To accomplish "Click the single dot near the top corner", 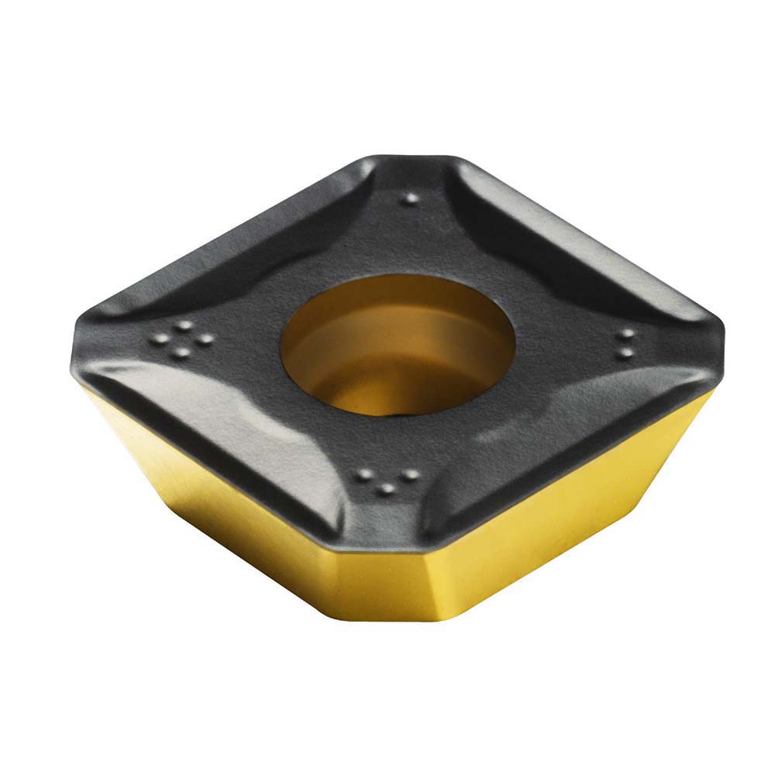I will [x=411, y=198].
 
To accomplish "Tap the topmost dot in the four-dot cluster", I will [x=184, y=325].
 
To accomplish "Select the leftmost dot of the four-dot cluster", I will [x=160, y=339].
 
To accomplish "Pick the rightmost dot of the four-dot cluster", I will [x=205, y=339].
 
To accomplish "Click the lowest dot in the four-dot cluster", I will [x=181, y=354].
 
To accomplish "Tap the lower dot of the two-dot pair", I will [x=625, y=353].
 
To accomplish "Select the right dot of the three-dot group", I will [x=411, y=474].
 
